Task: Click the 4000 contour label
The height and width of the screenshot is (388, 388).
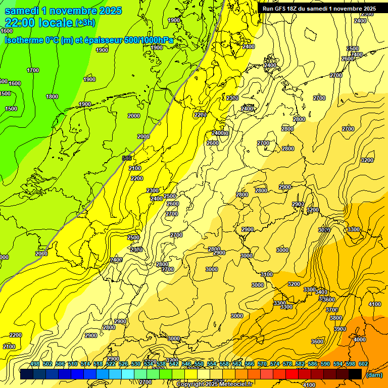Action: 359,339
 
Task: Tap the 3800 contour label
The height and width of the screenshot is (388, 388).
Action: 335,318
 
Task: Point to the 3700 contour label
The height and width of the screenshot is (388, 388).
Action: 331,310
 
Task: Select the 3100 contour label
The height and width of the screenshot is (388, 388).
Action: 266,274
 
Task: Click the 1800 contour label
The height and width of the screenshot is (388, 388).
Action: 52,96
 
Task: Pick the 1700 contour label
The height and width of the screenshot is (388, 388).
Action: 33,70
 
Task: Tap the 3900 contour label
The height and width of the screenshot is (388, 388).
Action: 340,329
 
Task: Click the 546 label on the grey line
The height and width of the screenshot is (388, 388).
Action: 127,158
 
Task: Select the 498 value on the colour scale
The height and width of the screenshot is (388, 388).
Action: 35,364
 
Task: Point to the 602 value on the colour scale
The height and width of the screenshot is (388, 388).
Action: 363,364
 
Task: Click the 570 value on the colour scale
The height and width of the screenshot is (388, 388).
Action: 262,364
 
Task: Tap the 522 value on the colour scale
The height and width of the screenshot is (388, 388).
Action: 111,364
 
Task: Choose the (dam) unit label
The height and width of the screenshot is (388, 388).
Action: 374,375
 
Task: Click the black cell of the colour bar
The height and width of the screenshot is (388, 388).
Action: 355,374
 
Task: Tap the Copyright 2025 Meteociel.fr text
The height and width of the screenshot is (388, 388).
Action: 215,384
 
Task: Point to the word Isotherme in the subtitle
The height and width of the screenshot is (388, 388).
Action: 24,40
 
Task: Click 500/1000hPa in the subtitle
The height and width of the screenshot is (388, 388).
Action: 152,40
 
